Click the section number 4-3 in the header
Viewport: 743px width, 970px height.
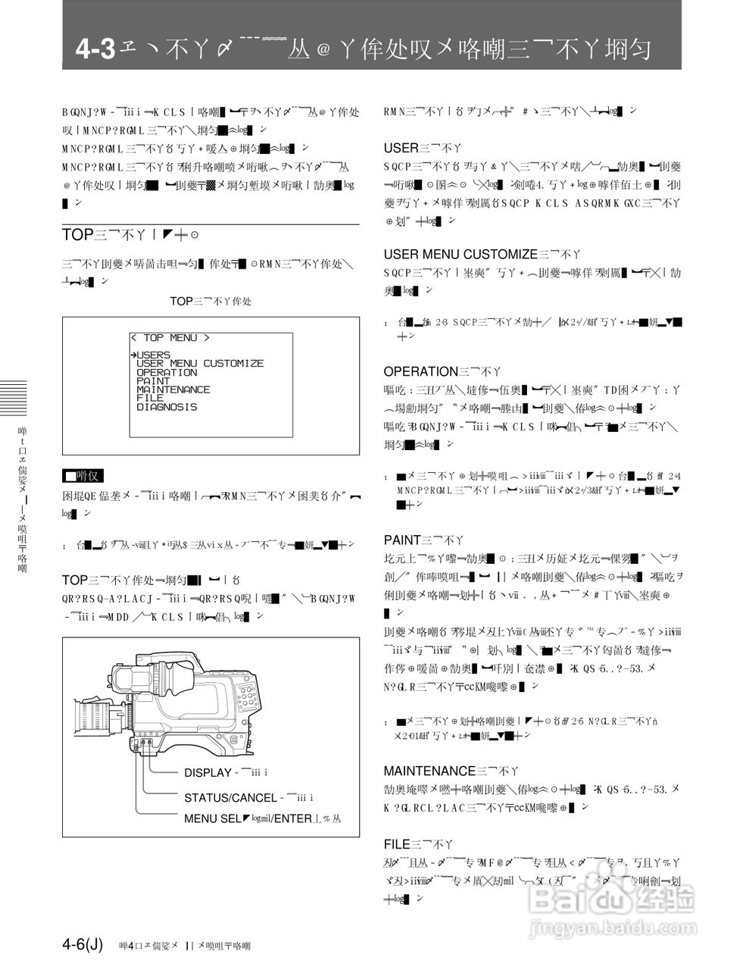(x=95, y=50)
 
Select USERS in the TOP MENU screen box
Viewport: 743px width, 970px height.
(x=154, y=355)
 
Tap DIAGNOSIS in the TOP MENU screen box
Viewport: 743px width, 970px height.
(x=167, y=407)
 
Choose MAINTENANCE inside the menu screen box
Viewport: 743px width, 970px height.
(x=173, y=390)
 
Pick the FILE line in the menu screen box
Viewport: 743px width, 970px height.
(x=150, y=398)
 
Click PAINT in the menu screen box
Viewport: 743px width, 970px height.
(x=154, y=381)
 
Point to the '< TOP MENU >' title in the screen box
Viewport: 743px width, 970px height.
(x=170, y=338)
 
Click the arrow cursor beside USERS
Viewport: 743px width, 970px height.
(x=133, y=355)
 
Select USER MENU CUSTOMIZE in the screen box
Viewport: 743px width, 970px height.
(x=200, y=364)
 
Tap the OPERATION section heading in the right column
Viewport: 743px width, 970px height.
(x=420, y=371)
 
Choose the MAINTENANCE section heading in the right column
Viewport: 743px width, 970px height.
(x=429, y=771)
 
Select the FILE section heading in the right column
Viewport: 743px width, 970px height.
(x=397, y=843)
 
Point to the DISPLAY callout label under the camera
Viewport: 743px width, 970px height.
(x=208, y=773)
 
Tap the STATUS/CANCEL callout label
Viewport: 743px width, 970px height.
(x=230, y=797)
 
